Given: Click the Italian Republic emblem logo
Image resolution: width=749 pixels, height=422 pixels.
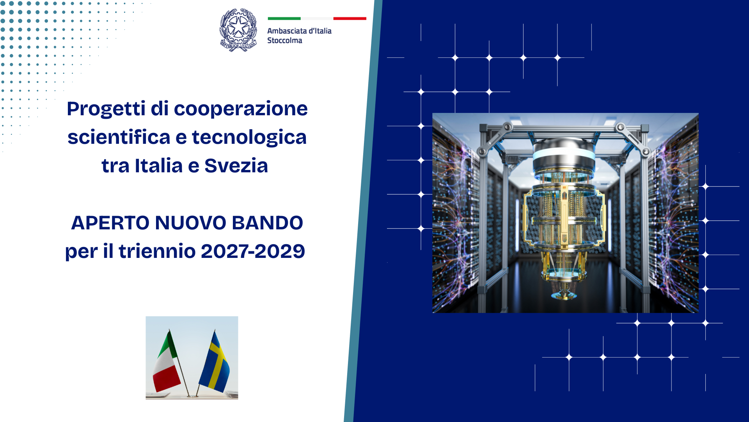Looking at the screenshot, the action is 238,30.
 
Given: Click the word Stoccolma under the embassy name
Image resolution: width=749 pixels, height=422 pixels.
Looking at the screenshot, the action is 284,40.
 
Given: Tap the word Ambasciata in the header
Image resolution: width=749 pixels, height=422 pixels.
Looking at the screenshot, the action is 287,31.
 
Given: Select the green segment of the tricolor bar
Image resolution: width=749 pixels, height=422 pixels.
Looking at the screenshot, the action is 284,18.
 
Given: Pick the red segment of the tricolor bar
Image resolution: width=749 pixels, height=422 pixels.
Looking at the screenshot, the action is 350,18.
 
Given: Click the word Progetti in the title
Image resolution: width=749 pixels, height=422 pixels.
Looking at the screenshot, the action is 106,109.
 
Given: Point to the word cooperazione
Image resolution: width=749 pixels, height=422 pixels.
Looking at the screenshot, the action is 241,109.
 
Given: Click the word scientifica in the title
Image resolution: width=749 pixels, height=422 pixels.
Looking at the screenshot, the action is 119,137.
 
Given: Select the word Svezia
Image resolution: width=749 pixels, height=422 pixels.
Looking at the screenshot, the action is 236,166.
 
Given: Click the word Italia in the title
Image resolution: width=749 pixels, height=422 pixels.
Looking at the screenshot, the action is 159,166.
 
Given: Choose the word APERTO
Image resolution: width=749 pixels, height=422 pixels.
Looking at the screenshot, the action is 110,223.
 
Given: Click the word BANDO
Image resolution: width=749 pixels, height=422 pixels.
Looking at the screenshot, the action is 267,223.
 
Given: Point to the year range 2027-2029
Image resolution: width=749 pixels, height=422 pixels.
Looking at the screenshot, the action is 253,251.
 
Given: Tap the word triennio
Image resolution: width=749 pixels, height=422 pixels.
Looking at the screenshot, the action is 157,251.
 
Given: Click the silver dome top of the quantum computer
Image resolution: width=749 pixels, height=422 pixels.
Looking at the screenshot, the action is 564,148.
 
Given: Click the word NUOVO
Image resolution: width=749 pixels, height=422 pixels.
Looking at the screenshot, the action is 190,223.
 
